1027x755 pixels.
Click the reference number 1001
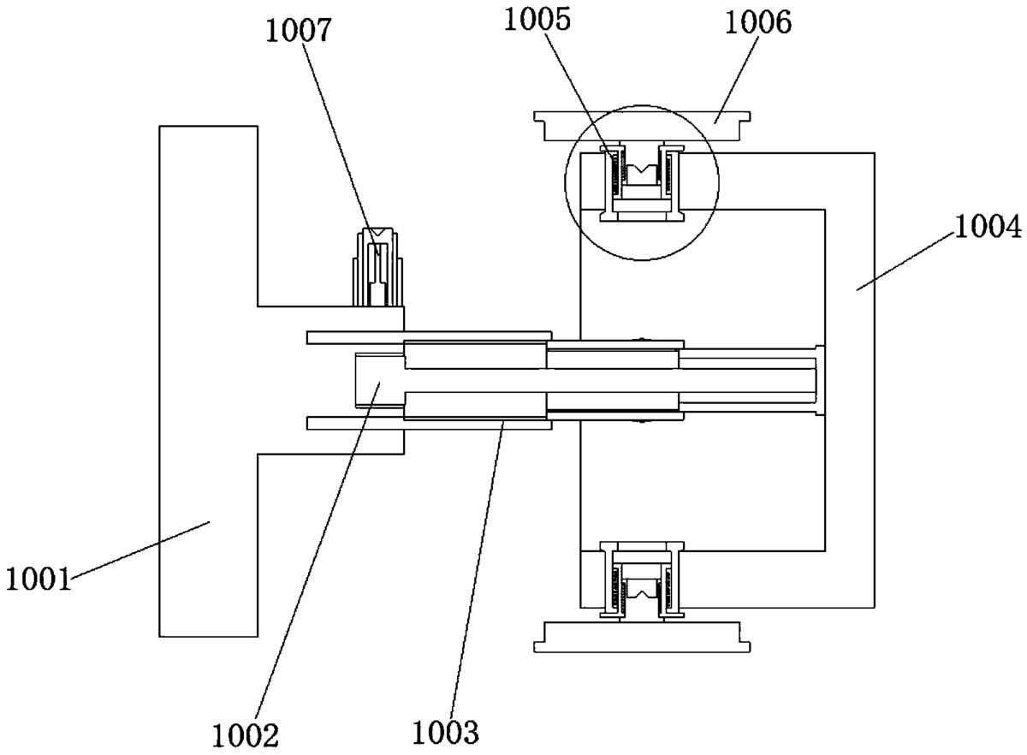(39, 579)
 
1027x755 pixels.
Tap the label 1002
(246, 735)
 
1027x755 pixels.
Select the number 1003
(446, 732)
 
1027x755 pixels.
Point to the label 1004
(988, 227)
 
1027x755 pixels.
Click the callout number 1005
(537, 20)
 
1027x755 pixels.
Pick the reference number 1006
(758, 22)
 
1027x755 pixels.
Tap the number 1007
(298, 31)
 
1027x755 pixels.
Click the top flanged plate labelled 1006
(642, 126)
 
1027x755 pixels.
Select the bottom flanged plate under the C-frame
(642, 637)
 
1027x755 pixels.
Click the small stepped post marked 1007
(377, 266)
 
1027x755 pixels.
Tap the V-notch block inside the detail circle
(641, 175)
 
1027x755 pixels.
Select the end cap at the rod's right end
(820, 380)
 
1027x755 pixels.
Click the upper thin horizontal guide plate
(429, 337)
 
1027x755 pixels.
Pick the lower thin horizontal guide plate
(429, 423)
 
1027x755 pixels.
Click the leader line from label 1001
(140, 550)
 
